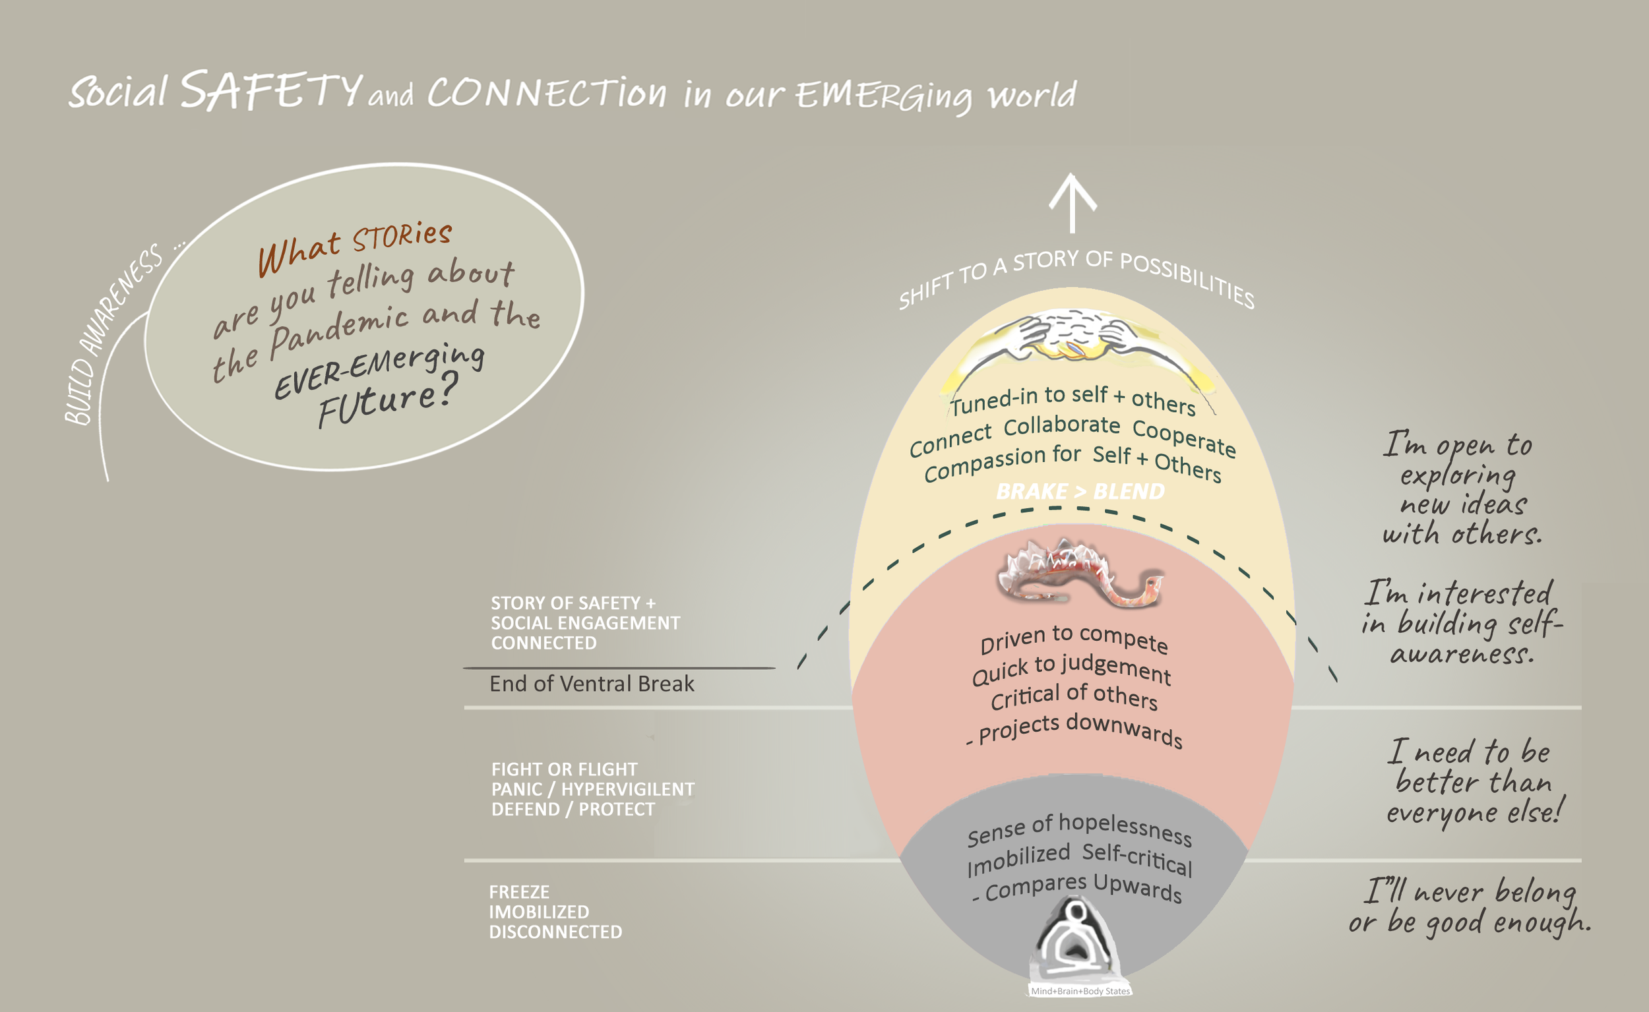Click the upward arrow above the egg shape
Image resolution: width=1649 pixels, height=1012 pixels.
click(x=1073, y=202)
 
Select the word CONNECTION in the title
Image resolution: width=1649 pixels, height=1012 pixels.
click(x=546, y=92)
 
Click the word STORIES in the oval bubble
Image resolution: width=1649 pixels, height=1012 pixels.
click(x=402, y=236)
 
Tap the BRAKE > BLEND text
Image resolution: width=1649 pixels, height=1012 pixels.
click(x=1080, y=492)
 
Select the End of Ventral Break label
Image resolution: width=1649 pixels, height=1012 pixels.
click(x=592, y=684)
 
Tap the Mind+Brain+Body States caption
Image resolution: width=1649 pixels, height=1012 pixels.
click(x=1080, y=992)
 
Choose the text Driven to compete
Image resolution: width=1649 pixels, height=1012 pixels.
click(x=1074, y=639)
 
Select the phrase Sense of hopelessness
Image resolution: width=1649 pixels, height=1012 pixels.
click(x=1079, y=830)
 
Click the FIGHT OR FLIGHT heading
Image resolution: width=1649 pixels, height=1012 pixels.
click(x=565, y=769)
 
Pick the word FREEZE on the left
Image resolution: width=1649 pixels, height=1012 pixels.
click(x=519, y=892)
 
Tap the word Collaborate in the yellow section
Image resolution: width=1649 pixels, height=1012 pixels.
click(x=1061, y=425)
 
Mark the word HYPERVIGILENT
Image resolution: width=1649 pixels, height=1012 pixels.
click(x=627, y=789)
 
